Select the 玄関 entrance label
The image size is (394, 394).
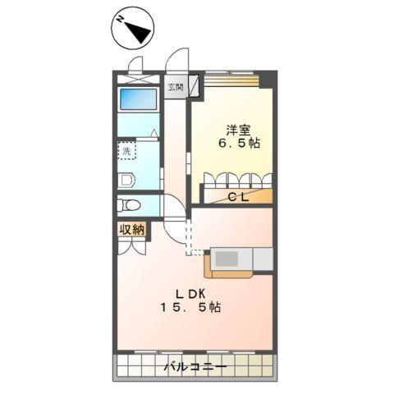(176, 87)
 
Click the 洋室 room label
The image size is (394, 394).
(238, 129)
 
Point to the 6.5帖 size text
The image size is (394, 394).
(238, 144)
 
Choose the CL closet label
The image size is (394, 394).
(238, 196)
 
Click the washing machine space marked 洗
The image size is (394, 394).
(126, 152)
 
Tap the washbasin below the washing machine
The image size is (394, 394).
(125, 178)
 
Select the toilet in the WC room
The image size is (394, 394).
(128, 205)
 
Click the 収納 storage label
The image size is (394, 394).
(132, 230)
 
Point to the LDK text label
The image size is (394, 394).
(188, 294)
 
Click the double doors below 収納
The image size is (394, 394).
(131, 246)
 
